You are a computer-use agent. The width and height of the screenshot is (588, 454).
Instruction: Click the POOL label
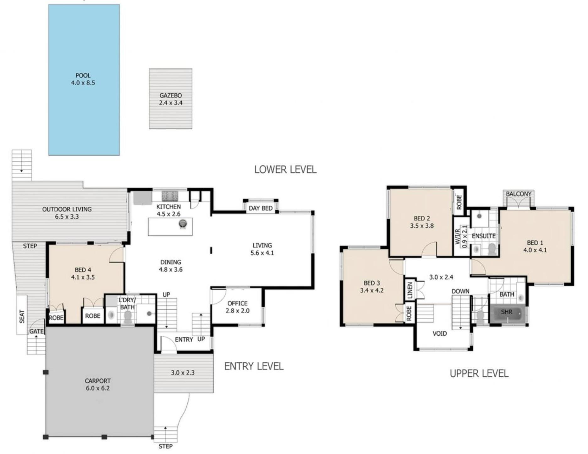[x=83, y=75]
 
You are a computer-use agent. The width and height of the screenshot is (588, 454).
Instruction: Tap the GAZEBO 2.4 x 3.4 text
[x=171, y=99]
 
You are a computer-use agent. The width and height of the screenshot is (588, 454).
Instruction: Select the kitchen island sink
[x=183, y=224]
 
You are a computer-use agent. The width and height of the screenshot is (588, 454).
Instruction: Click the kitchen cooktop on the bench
[x=170, y=196]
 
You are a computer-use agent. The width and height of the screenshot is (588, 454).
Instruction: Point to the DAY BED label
[x=261, y=208]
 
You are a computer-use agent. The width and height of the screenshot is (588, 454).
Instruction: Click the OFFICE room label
[x=237, y=303]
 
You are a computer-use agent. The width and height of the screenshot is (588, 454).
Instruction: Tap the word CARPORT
[x=98, y=381]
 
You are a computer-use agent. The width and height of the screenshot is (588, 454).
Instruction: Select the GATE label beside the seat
[x=36, y=331]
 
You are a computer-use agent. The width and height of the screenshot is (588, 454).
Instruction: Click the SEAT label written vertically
[x=22, y=316]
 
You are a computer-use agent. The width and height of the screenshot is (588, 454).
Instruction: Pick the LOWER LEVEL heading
[x=285, y=170]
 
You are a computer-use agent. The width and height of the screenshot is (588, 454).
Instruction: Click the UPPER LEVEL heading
[x=479, y=373]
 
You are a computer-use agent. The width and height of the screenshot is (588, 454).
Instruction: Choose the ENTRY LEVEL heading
[x=254, y=366]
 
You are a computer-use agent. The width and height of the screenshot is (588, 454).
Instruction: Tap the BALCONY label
[x=519, y=194]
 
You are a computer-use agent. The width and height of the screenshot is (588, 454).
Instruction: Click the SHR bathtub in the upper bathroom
[x=507, y=313]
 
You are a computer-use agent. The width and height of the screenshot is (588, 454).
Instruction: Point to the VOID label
[x=440, y=333]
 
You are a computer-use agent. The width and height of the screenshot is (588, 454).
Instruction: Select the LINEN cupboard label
[x=409, y=290]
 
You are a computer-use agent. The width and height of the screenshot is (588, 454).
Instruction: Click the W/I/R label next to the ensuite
[x=458, y=236]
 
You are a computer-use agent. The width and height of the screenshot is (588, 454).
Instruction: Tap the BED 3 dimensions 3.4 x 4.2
[x=372, y=290]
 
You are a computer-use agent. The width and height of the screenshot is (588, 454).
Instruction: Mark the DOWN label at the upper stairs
[x=461, y=291]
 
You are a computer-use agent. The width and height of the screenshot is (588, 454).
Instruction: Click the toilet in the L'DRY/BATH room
[x=128, y=317]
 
